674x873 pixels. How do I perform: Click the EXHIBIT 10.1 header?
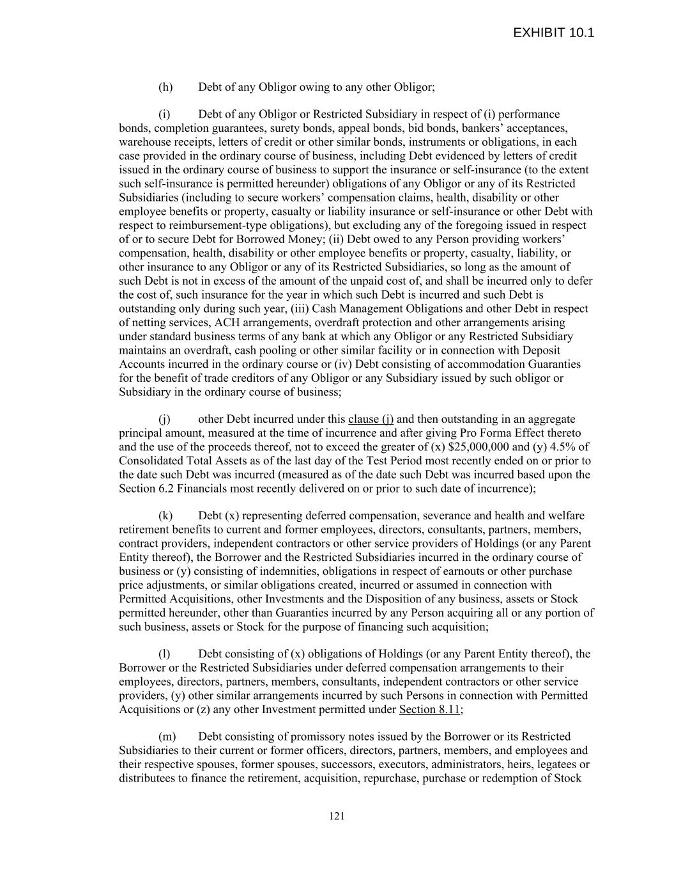pos(553,33)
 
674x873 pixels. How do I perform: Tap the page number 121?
pos(337,815)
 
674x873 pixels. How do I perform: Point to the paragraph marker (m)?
pos(166,737)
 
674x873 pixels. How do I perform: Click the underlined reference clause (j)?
pos(371,419)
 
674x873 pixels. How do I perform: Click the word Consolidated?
pos(149,460)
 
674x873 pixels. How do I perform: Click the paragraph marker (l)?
pos(165,654)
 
